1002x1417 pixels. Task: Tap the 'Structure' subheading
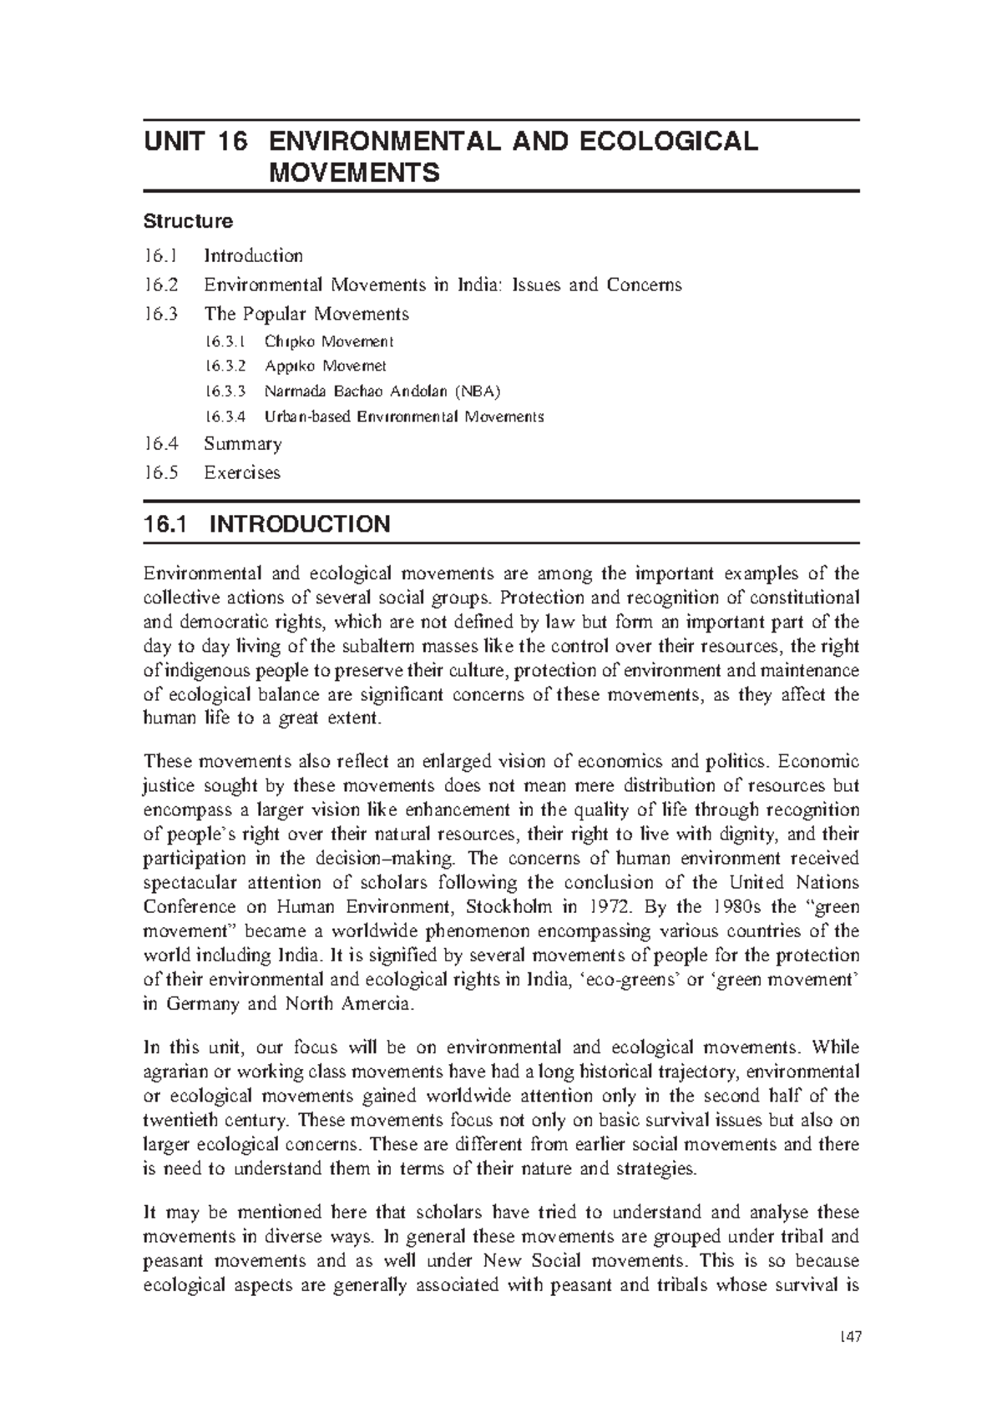[188, 221]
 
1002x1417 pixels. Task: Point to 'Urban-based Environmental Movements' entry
[403, 416]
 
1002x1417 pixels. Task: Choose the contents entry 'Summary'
[242, 443]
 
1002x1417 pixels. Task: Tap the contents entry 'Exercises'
[241, 472]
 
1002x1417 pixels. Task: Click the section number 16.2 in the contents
[160, 285]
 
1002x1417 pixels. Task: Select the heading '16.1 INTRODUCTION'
[266, 524]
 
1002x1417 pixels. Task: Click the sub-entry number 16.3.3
[225, 391]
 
